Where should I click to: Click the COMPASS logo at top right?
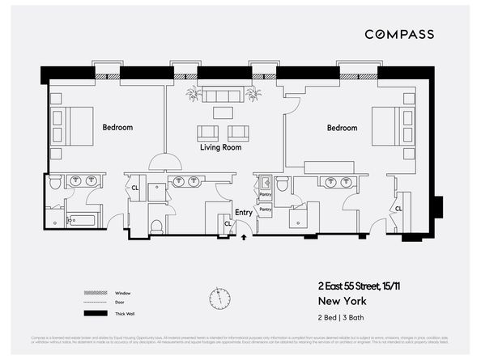pos(398,34)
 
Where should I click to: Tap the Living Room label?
pos(221,148)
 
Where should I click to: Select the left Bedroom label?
pos(117,127)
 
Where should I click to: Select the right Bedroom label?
pos(342,128)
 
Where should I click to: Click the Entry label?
pos(243,214)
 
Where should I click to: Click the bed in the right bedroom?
pos(389,125)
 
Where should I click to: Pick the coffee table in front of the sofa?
pos(223,112)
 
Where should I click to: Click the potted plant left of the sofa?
pos(193,95)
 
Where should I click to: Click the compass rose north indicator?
pos(219,298)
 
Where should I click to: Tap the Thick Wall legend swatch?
pos(96,313)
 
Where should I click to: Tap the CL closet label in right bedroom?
pos(398,208)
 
